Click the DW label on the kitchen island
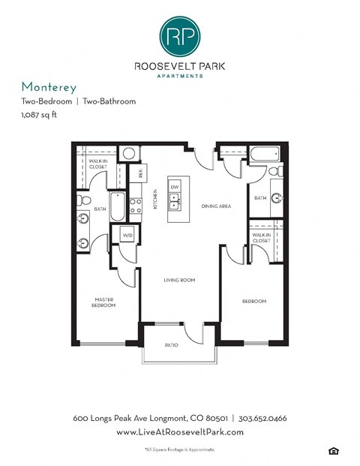point(174,186)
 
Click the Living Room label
point(180,280)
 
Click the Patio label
point(172,345)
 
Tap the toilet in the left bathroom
point(85,200)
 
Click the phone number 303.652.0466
point(263,418)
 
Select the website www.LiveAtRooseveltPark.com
point(180,433)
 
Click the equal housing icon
point(333,450)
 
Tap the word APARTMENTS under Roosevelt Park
point(180,76)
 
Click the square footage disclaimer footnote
point(180,449)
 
